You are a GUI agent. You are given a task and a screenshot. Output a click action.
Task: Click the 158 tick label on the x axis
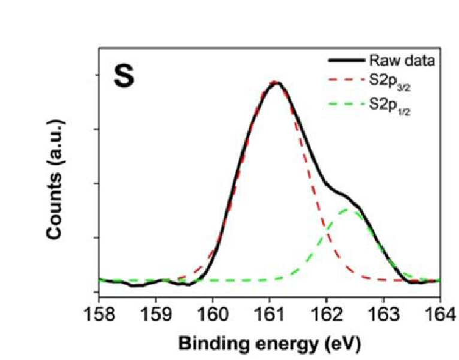(99, 314)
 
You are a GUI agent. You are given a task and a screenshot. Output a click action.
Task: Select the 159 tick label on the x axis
(156, 314)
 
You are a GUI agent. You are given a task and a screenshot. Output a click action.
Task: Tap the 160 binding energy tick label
(213, 314)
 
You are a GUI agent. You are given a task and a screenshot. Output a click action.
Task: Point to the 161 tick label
(270, 314)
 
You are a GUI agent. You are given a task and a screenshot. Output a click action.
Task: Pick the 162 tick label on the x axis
(327, 314)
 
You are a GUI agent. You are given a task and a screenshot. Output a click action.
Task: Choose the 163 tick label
(383, 314)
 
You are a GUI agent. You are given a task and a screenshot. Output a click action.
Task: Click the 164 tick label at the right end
(440, 314)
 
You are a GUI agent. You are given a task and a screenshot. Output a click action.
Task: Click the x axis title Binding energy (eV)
(270, 344)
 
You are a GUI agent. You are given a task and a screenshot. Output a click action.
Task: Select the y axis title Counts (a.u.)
(55, 179)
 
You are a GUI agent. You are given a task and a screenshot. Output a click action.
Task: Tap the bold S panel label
(125, 76)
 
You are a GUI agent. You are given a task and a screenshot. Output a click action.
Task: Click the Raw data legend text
(402, 60)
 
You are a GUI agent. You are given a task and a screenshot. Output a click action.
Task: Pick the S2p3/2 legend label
(389, 81)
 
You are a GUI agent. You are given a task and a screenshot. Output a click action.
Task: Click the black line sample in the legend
(347, 60)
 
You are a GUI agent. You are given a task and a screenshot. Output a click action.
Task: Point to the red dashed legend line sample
(347, 79)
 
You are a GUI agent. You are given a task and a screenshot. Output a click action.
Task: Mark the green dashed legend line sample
(347, 104)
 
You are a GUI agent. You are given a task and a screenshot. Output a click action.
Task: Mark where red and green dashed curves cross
(327, 231)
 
